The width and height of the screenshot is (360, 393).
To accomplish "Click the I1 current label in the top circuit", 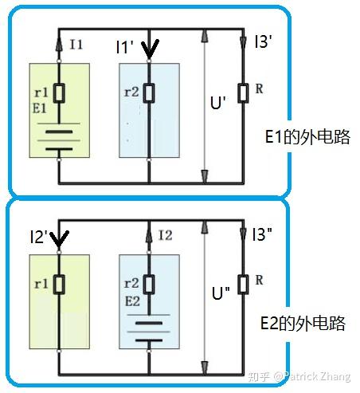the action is pyautogui.click(x=76, y=44).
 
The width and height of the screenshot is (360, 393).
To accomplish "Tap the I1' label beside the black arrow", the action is pyautogui.click(x=124, y=47).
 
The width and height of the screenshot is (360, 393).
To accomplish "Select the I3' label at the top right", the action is pyautogui.click(x=263, y=41).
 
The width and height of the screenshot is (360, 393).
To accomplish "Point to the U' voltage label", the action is pyautogui.click(x=218, y=102).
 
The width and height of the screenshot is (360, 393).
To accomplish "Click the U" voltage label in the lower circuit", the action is pyautogui.click(x=221, y=293).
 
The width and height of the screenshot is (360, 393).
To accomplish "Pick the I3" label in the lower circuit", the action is pyautogui.click(x=262, y=234).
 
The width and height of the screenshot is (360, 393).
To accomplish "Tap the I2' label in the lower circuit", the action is pyautogui.click(x=39, y=237).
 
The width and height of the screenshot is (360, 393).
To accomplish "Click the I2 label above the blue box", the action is pyautogui.click(x=165, y=235).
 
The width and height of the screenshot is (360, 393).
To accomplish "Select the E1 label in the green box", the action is pyautogui.click(x=40, y=108).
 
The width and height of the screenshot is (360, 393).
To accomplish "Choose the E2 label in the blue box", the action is pyautogui.click(x=132, y=301).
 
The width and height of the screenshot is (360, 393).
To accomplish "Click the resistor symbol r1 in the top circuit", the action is pyautogui.click(x=59, y=93).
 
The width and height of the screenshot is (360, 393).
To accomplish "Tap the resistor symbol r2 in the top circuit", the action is pyautogui.click(x=149, y=93).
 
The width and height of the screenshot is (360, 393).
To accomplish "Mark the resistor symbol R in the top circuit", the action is pyautogui.click(x=243, y=92).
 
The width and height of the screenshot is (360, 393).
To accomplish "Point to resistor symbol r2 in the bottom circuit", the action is pyautogui.click(x=149, y=285).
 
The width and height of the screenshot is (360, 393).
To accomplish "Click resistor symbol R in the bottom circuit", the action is pyautogui.click(x=243, y=285).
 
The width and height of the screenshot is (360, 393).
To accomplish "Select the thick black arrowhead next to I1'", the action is pyautogui.click(x=150, y=49).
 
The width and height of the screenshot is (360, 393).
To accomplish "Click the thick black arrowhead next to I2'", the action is pyautogui.click(x=59, y=240).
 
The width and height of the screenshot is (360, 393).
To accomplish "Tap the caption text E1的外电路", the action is pyautogui.click(x=307, y=137).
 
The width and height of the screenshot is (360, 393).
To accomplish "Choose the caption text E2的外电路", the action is pyautogui.click(x=303, y=323).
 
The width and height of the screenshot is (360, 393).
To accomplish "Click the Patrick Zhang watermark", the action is pyautogui.click(x=317, y=376).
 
